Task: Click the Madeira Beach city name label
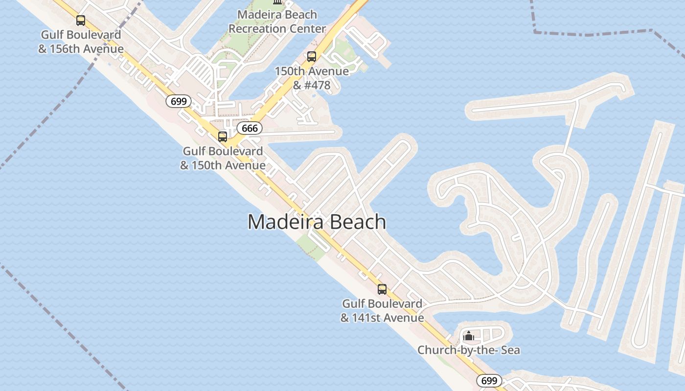[317, 222]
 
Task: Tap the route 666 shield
[250, 129]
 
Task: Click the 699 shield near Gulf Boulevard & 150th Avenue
[179, 101]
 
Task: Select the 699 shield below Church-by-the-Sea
[489, 381]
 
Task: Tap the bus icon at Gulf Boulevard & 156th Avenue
[81, 21]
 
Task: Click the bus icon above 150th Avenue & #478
[312, 57]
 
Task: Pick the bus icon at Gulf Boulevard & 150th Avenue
[223, 137]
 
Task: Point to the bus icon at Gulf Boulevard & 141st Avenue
[382, 289]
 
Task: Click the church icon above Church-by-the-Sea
[469, 336]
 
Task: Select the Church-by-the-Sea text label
[468, 350]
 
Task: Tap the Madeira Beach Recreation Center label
[277, 22]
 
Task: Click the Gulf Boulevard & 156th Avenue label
[81, 42]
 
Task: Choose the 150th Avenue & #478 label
[312, 78]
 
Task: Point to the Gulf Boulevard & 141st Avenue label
[382, 311]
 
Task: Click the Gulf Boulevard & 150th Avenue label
[223, 158]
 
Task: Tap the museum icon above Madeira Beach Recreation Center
[277, 2]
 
